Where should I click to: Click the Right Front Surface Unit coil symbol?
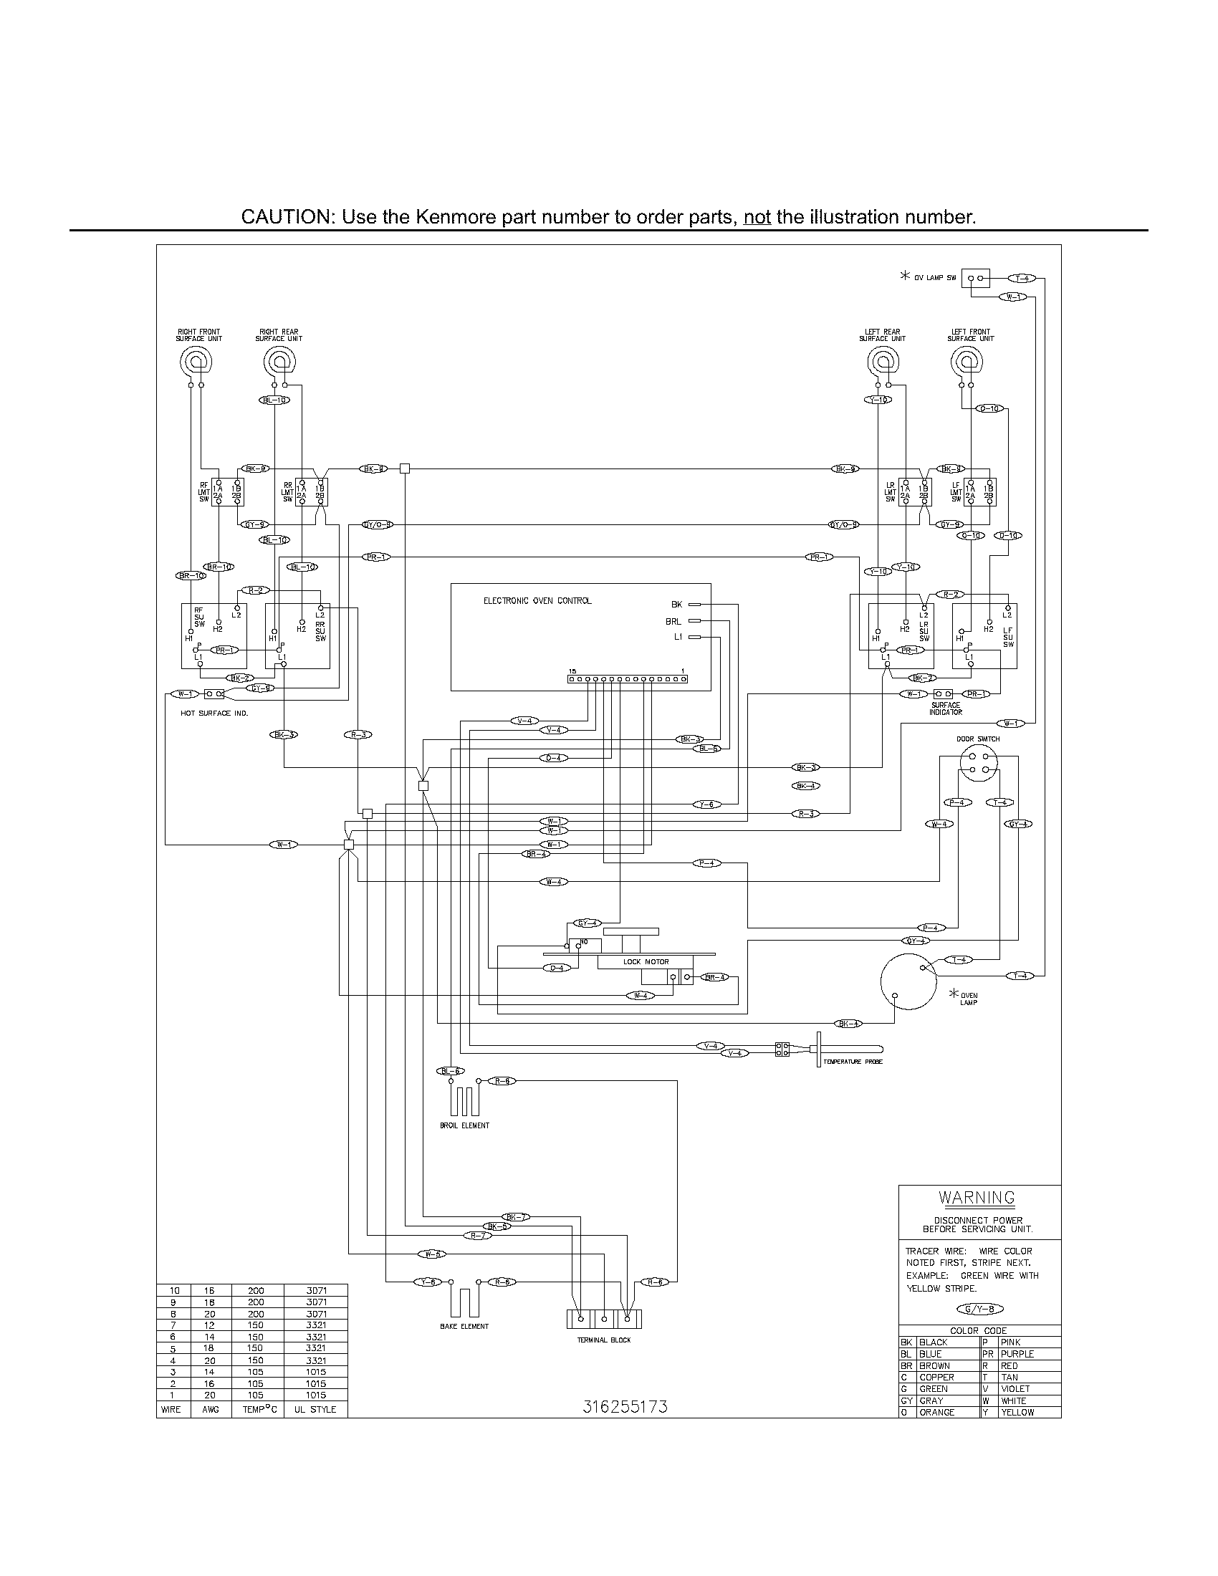coord(196,360)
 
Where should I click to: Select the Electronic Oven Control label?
coord(537,600)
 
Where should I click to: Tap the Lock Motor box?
coord(646,962)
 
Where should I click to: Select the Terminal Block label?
coord(603,1340)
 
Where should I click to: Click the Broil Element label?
coord(464,1125)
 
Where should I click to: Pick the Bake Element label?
coord(464,1326)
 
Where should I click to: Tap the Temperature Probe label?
coord(853,1062)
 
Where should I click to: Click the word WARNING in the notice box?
coord(977,1197)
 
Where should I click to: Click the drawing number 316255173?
coord(625,1406)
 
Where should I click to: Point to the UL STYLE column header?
coord(315,1409)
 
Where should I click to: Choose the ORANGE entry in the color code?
coord(936,1412)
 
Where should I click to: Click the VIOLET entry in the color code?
coord(1015,1388)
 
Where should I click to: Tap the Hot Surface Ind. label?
coord(214,713)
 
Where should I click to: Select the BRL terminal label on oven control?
coord(673,620)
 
